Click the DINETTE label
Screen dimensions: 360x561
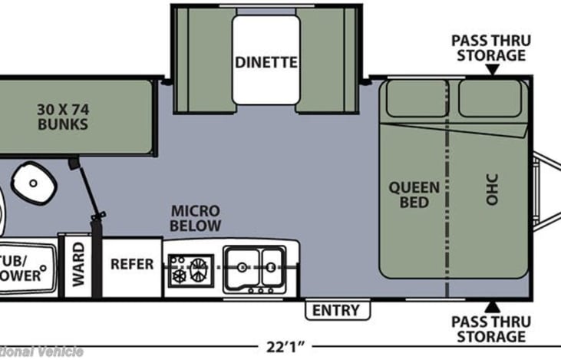(267, 63)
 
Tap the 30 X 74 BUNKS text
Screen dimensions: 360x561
(63, 116)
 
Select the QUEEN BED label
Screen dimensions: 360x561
(414, 195)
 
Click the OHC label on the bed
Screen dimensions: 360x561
(492, 189)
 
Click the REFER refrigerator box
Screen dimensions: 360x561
(132, 264)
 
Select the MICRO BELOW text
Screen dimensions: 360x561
(196, 218)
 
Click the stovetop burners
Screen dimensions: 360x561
(190, 270)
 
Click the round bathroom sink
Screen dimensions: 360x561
(33, 183)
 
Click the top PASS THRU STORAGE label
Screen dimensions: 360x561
(489, 48)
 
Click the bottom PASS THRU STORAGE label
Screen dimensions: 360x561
(489, 329)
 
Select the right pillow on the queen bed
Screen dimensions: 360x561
(490, 97)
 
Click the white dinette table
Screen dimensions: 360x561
(266, 60)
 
